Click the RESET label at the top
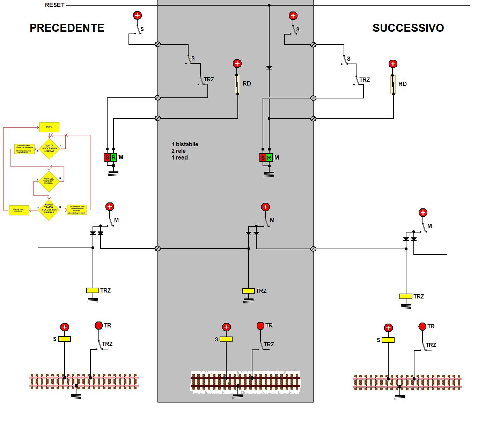(x=55, y=5)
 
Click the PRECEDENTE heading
(x=67, y=28)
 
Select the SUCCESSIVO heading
(x=408, y=28)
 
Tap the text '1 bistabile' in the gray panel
(x=185, y=145)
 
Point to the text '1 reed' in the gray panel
(x=179, y=158)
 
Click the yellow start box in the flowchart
(x=49, y=127)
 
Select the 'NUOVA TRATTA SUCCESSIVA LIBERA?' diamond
(x=49, y=210)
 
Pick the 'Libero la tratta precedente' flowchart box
(x=19, y=210)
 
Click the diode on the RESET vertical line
(x=269, y=67)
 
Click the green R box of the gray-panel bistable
(x=269, y=158)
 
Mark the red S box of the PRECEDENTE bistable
(x=107, y=157)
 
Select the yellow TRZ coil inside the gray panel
(x=248, y=291)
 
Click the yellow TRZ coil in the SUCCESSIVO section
(x=406, y=296)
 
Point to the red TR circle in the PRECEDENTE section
(x=99, y=326)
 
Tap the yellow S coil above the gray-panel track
(x=226, y=339)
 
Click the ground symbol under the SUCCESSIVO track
(x=399, y=397)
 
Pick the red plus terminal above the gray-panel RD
(x=237, y=64)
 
